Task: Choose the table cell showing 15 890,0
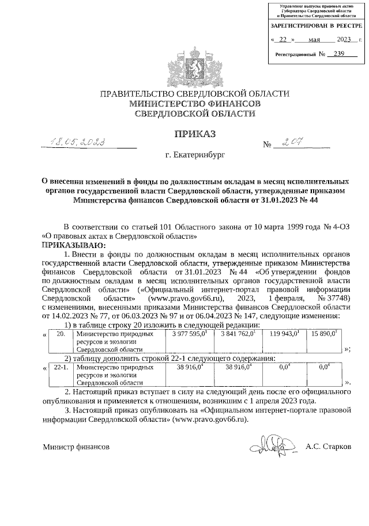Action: [x=325, y=334]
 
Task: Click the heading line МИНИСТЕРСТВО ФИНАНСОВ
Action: [x=195, y=104]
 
